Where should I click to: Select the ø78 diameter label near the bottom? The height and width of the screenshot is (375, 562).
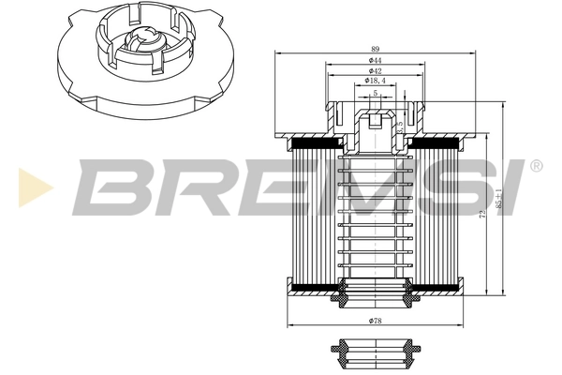click(375, 321)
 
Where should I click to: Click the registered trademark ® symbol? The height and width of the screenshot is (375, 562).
click(536, 166)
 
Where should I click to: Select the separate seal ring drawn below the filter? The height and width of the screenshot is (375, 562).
click(375, 352)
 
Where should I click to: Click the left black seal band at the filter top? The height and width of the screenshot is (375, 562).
click(318, 143)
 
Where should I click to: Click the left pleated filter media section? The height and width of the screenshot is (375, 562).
click(314, 216)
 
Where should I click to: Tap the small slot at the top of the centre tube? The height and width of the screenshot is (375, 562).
click(375, 120)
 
